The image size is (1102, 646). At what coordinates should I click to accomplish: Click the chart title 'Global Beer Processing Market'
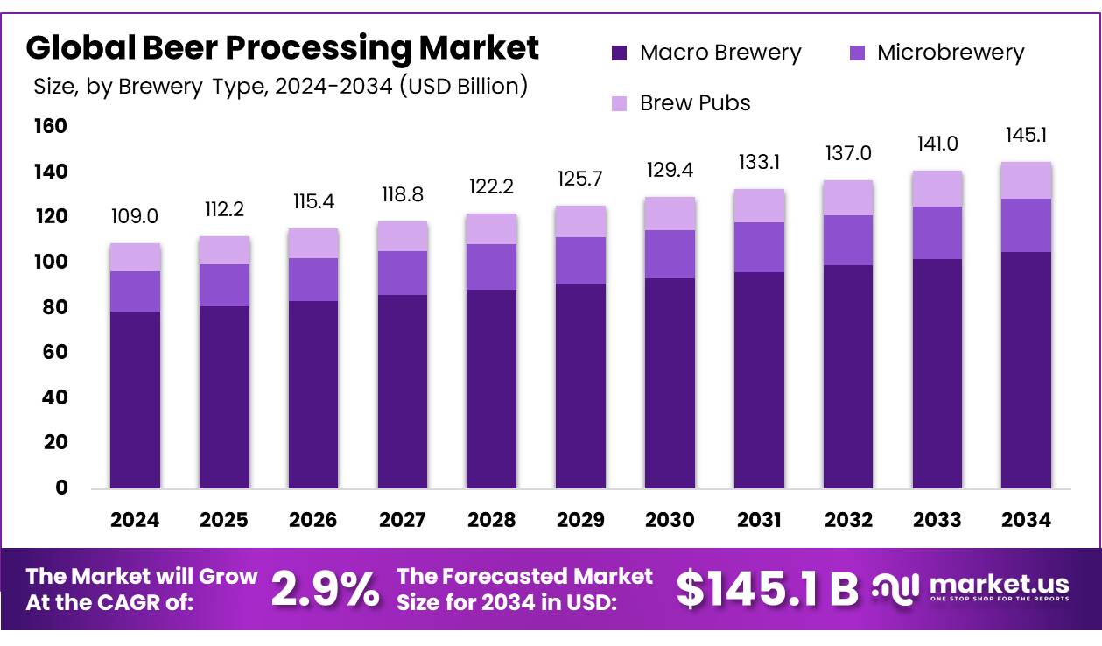click(282, 48)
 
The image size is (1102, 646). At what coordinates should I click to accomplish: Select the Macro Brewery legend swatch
click(620, 53)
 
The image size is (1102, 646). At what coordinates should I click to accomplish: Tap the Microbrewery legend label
click(950, 53)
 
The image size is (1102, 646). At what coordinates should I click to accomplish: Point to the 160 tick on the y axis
click(50, 127)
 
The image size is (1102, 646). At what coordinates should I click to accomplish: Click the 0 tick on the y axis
click(61, 488)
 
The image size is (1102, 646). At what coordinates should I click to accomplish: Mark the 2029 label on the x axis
click(580, 520)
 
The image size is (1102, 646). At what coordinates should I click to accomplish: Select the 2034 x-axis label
click(1026, 520)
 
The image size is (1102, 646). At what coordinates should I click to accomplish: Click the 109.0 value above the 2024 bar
click(135, 216)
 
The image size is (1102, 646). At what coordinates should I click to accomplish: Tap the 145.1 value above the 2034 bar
click(1026, 136)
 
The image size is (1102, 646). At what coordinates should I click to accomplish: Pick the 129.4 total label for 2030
click(670, 171)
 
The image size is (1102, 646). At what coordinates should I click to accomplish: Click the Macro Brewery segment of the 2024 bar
click(135, 399)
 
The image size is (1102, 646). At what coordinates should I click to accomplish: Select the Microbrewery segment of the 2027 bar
click(403, 273)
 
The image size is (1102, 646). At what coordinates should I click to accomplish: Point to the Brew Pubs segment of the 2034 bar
click(1026, 180)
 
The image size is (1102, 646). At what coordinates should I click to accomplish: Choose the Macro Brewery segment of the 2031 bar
click(759, 380)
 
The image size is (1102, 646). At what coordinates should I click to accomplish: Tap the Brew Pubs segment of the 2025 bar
click(224, 250)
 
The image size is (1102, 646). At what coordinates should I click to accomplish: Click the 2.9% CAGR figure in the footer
click(325, 589)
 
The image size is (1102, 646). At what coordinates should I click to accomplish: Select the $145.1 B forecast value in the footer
click(767, 589)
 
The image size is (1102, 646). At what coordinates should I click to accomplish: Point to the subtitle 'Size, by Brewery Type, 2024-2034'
click(280, 87)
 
